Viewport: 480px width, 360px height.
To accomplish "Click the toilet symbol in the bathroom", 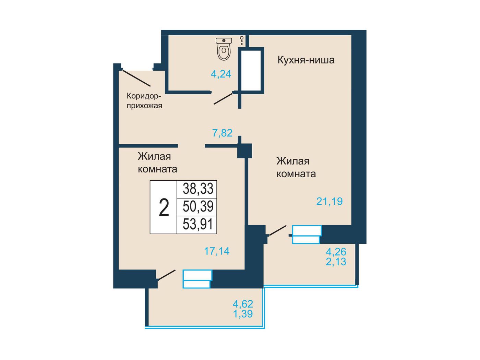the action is pyautogui.click(x=224, y=49).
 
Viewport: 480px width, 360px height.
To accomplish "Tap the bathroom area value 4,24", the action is pyautogui.click(x=221, y=74).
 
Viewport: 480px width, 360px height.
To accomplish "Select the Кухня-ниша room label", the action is pyautogui.click(x=306, y=60).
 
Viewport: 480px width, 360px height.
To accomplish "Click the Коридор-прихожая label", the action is pyautogui.click(x=144, y=101).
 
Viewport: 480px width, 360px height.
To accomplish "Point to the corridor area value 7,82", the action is pyautogui.click(x=223, y=133).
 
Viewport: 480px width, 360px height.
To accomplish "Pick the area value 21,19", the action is pyautogui.click(x=329, y=201).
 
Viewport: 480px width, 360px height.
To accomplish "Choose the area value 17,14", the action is pyautogui.click(x=217, y=251).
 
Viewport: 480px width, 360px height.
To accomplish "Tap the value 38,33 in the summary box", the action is pyautogui.click(x=198, y=189).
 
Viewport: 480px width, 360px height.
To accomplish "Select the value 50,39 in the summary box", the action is pyautogui.click(x=198, y=206).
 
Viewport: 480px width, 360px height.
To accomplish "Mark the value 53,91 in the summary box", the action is pyautogui.click(x=198, y=225).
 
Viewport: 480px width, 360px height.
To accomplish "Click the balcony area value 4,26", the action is pyautogui.click(x=336, y=252).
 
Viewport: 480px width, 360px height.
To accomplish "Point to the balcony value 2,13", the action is pyautogui.click(x=336, y=261).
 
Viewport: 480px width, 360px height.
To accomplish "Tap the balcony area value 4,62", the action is pyautogui.click(x=243, y=304).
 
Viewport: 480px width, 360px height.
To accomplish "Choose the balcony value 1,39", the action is pyautogui.click(x=243, y=314).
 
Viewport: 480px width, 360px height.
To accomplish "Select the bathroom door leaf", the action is pyautogui.click(x=223, y=99).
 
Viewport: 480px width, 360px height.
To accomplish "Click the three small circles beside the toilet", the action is pyautogui.click(x=241, y=41).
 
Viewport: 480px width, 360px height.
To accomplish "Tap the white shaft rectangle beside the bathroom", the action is pyautogui.click(x=251, y=70).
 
